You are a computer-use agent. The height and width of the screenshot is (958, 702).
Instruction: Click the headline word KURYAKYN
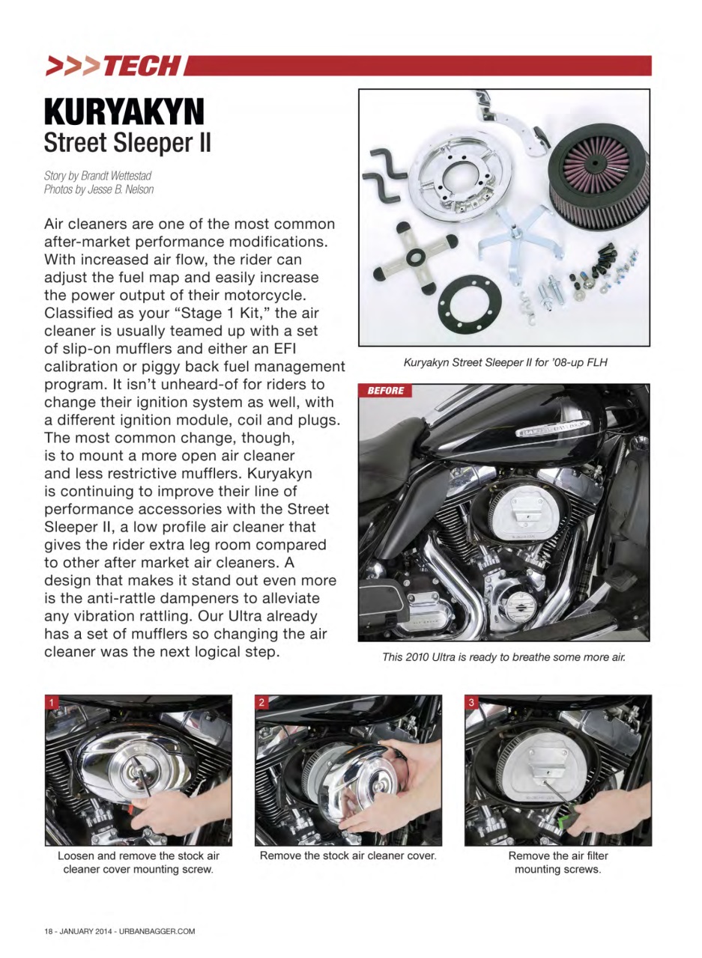click(124, 112)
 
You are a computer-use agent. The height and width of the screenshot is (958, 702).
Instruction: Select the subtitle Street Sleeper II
click(127, 142)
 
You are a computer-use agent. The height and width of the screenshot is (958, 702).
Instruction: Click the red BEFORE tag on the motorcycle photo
click(385, 391)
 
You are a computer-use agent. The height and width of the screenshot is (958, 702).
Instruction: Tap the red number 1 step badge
click(52, 702)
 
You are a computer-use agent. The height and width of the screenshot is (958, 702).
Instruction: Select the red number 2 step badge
click(262, 702)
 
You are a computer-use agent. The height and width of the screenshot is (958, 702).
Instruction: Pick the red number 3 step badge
click(471, 702)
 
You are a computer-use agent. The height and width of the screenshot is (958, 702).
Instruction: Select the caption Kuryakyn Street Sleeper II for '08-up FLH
click(505, 363)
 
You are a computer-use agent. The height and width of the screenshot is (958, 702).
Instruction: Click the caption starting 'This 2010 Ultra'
click(503, 657)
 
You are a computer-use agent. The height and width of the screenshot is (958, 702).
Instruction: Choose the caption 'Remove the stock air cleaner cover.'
click(348, 855)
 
